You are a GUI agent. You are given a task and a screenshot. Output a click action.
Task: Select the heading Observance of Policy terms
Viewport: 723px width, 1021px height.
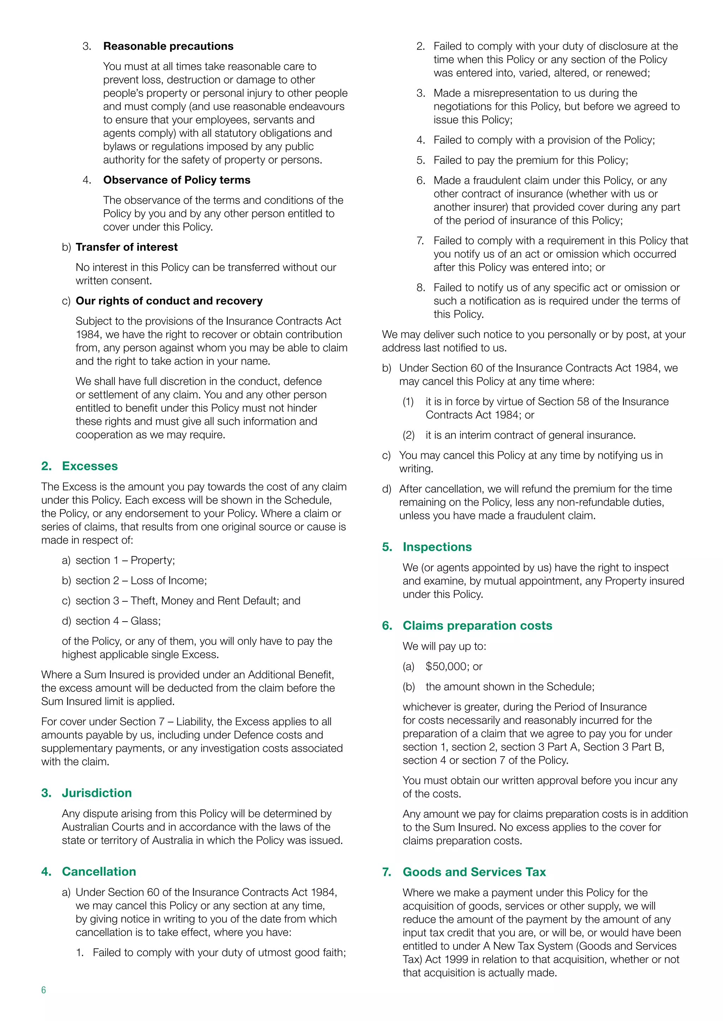(177, 180)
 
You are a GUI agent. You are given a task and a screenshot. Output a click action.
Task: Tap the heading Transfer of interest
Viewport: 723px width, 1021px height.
(126, 247)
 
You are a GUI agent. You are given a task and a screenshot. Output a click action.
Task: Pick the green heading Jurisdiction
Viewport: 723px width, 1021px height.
(97, 793)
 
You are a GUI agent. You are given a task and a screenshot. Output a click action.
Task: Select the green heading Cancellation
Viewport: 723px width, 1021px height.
(99, 871)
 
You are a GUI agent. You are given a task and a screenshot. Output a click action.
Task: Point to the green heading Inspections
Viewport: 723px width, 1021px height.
(437, 547)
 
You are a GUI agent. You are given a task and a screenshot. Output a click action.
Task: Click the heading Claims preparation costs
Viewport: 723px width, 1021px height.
(477, 626)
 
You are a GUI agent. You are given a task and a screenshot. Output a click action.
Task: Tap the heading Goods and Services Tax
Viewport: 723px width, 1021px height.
(474, 872)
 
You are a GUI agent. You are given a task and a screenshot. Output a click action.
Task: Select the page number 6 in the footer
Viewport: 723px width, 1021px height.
(44, 990)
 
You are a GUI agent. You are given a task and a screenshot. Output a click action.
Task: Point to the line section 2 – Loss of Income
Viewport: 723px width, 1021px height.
(141, 581)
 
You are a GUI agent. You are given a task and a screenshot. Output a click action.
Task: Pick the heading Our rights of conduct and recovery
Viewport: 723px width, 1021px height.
(169, 301)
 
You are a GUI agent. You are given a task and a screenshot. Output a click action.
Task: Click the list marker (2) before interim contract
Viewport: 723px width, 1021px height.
(408, 435)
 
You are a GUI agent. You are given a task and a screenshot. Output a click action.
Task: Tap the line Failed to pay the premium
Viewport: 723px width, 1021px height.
(530, 160)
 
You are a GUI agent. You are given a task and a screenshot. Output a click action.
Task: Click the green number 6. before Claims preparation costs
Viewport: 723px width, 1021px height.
(387, 626)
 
